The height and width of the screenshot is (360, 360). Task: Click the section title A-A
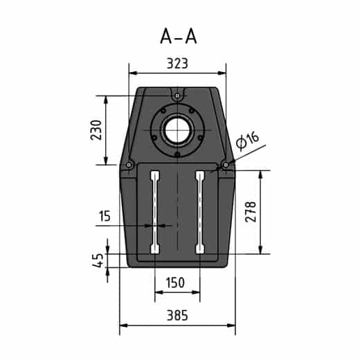178,36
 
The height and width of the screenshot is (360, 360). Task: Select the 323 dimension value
178,63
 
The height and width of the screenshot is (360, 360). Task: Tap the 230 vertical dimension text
96,129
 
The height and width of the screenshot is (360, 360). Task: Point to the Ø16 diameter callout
247,141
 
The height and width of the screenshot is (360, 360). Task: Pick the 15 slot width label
105,217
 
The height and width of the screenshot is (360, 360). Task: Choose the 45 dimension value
98,260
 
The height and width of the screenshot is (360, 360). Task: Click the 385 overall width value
177,315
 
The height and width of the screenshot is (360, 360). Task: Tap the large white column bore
178,129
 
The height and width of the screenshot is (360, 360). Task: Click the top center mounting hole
178,95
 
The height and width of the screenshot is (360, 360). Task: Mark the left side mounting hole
129,164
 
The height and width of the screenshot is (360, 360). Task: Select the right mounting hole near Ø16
226,164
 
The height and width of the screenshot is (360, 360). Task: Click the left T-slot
155,212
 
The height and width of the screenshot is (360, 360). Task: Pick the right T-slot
200,212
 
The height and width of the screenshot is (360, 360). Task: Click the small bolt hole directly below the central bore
178,154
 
